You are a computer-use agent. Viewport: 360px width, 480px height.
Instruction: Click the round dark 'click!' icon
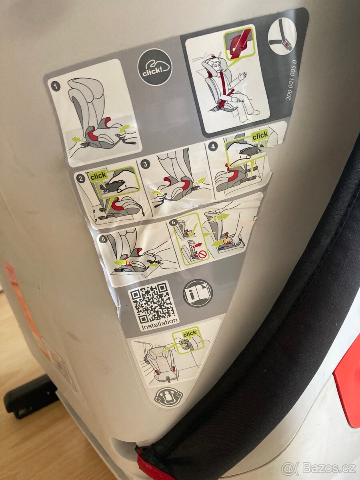[x=155, y=67]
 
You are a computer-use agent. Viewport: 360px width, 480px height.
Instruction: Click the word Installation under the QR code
[x=159, y=322]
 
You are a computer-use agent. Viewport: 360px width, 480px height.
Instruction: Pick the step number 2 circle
[x=81, y=178]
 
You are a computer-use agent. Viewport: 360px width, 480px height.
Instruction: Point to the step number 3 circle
[x=146, y=164]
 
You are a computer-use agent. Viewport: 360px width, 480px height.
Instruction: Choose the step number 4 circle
[x=213, y=147]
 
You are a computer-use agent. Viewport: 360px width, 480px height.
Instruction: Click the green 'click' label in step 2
[x=98, y=175]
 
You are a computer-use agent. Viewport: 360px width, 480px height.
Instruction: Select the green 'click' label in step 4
[x=260, y=135]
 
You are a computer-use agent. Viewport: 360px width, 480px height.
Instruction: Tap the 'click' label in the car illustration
[x=190, y=333]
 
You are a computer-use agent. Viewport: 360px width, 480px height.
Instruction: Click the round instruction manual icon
[x=198, y=293]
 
